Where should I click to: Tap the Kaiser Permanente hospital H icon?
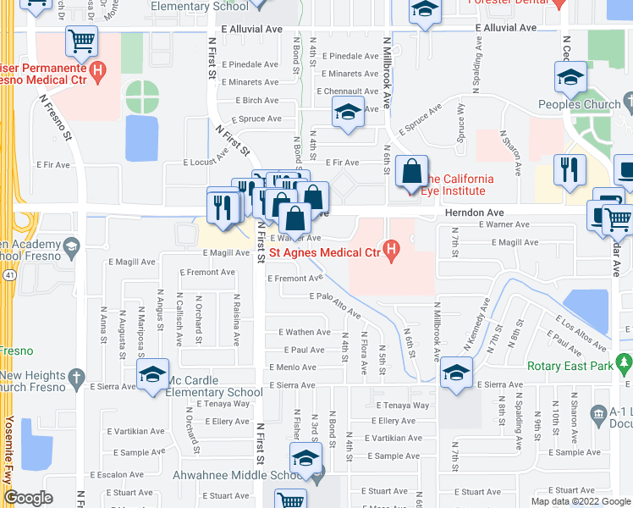click(x=99, y=71)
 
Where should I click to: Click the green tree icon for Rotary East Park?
click(x=625, y=366)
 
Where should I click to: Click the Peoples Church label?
click(x=580, y=105)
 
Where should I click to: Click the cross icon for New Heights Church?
click(x=76, y=376)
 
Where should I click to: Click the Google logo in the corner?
click(x=28, y=498)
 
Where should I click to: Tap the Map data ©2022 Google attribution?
click(x=581, y=501)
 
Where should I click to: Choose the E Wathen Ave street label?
click(x=305, y=333)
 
